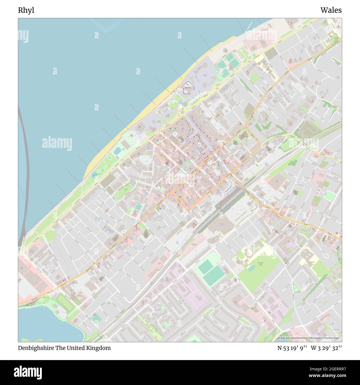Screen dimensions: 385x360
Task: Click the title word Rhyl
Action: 26,10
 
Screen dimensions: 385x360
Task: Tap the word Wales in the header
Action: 331,10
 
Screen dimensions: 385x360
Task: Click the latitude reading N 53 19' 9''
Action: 292,348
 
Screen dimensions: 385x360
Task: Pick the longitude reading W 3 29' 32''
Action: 326,348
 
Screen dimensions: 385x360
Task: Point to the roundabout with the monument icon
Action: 182,112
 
